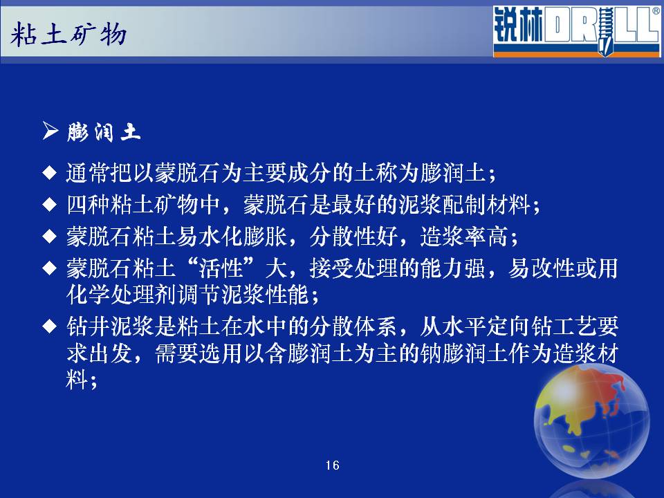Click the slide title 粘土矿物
click(68, 35)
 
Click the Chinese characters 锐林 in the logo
click(518, 26)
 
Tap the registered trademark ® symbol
click(656, 11)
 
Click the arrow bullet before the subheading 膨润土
click(50, 131)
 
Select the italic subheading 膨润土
click(103, 131)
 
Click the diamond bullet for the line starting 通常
click(50, 173)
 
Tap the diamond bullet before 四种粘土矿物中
click(50, 205)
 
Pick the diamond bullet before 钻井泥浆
click(50, 326)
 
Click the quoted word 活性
click(221, 268)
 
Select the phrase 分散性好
click(353, 237)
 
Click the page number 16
click(333, 465)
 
